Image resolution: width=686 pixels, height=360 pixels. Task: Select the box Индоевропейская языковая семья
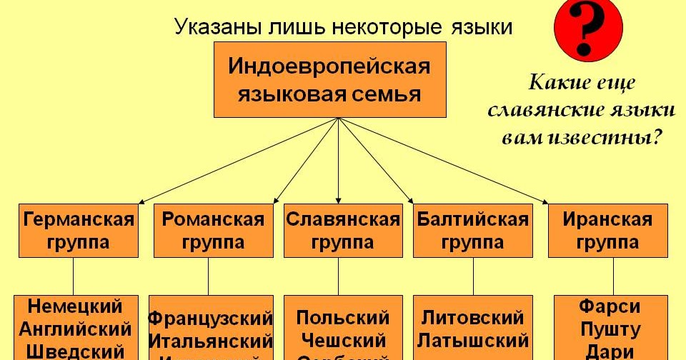[x=329, y=79]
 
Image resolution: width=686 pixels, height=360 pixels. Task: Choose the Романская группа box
[x=213, y=230]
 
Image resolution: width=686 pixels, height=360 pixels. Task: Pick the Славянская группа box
[x=342, y=230]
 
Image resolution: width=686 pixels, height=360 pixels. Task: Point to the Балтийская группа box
[x=473, y=230]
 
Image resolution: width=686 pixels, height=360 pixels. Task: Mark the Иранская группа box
[x=607, y=230]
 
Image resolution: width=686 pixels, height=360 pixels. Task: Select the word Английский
[x=75, y=329]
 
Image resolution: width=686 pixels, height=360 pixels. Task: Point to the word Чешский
[x=343, y=339]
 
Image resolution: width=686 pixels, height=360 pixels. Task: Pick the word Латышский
[x=473, y=339]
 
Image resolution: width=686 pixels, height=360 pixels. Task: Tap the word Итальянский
[x=210, y=340]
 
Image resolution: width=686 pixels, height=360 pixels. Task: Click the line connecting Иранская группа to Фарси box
[x=612, y=276]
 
